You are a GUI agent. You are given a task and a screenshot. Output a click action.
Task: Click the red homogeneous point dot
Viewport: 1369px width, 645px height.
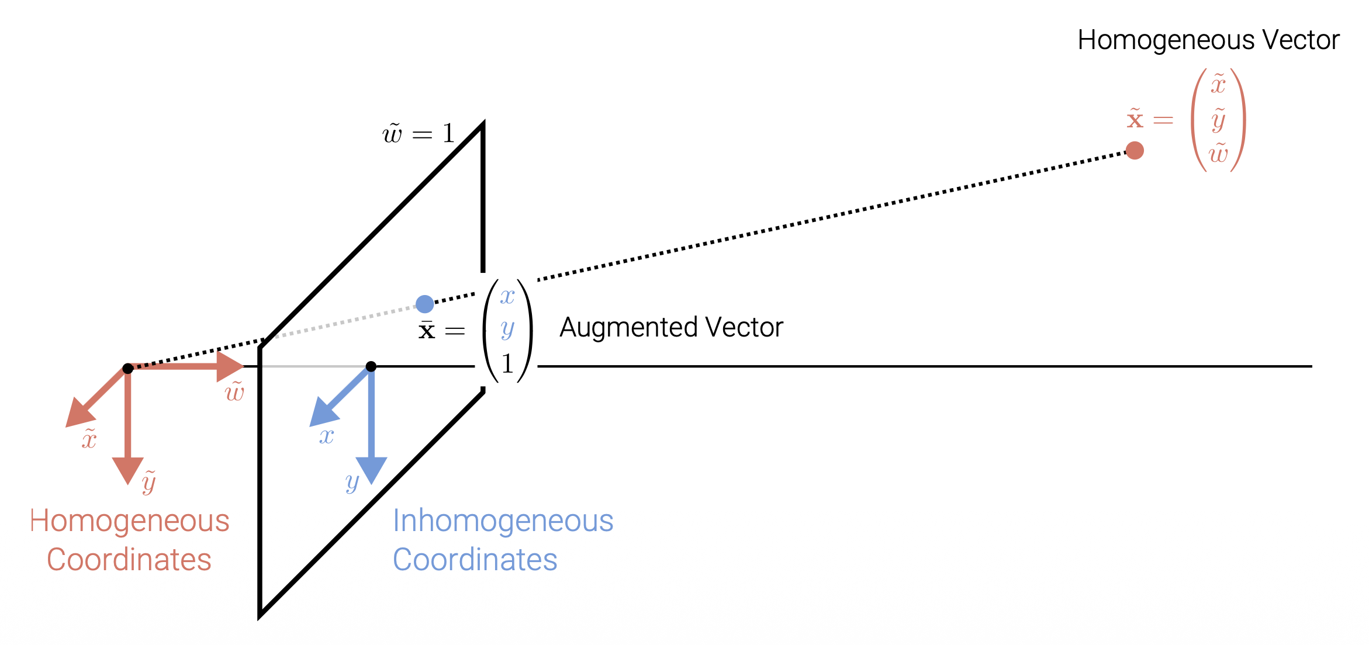(x=1135, y=151)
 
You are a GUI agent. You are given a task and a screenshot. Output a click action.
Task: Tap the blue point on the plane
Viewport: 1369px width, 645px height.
(x=425, y=304)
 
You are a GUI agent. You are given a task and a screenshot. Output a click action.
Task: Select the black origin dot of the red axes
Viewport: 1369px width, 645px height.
(x=128, y=368)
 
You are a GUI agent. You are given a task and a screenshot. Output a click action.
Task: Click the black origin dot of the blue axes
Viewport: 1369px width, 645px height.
(x=371, y=366)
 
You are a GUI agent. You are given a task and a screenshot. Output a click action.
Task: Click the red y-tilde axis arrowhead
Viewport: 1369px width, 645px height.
(x=128, y=470)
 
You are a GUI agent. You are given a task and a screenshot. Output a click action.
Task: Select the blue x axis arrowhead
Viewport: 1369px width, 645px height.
(x=323, y=412)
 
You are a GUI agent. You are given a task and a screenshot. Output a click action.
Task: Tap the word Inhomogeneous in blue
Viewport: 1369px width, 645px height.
(x=503, y=521)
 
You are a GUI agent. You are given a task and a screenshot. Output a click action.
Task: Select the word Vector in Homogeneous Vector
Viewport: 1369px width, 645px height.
(x=1301, y=40)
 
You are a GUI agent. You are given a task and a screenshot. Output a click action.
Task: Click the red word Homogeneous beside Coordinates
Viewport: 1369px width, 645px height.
(x=130, y=521)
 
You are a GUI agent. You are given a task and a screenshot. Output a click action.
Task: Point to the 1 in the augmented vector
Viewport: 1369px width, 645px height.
(x=507, y=364)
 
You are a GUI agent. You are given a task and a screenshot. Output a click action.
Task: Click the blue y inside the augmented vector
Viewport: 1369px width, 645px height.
(x=507, y=330)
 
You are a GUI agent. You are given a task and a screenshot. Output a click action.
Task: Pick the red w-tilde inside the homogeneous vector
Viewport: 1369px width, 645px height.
(x=1219, y=153)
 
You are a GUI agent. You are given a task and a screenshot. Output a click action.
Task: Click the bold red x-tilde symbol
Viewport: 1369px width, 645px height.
(x=1135, y=119)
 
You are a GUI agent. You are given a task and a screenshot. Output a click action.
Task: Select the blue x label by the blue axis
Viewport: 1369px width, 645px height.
(x=326, y=436)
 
